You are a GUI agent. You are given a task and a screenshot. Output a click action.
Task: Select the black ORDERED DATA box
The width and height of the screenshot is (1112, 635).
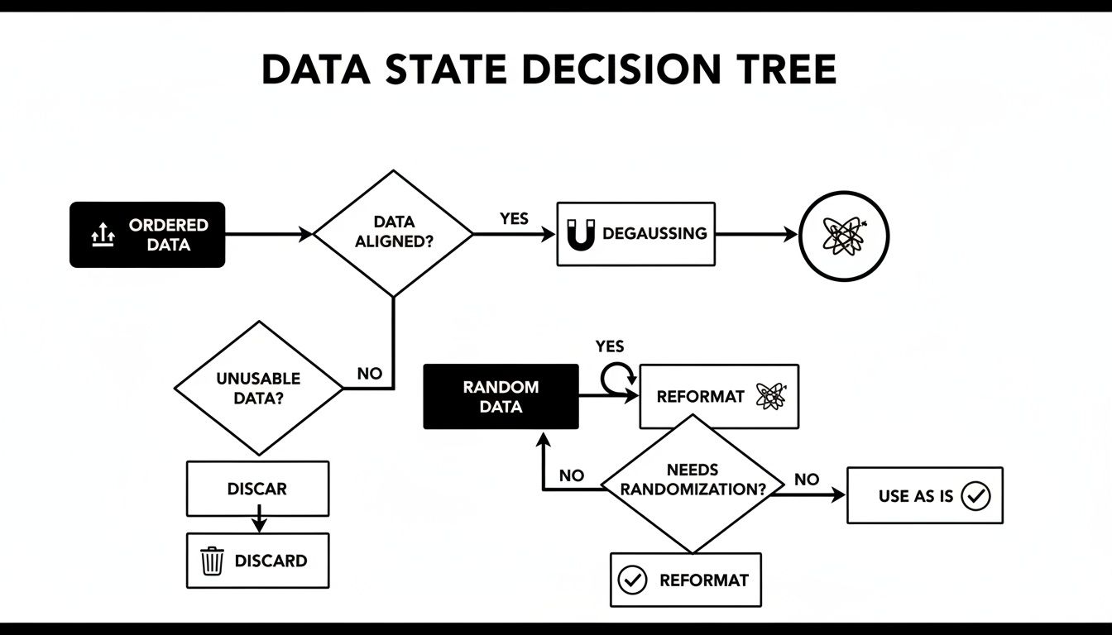click(147, 235)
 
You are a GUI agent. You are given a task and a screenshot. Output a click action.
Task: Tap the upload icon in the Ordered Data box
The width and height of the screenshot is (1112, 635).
click(102, 236)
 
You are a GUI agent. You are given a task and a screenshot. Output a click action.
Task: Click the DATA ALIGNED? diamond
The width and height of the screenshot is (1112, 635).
click(394, 233)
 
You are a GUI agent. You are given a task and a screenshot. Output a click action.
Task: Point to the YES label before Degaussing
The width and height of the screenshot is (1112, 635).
click(514, 218)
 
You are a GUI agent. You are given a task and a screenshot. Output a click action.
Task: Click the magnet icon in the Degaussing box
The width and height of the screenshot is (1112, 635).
click(581, 235)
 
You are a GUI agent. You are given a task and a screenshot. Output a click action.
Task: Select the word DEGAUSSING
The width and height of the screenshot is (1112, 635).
click(654, 234)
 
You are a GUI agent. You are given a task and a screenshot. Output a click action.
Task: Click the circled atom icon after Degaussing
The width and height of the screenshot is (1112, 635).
click(843, 235)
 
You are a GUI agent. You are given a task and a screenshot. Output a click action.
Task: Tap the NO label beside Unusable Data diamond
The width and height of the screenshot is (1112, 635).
click(370, 374)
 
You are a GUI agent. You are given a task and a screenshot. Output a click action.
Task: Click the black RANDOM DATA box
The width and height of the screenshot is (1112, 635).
click(501, 397)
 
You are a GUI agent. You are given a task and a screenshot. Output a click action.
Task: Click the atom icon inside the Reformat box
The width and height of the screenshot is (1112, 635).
click(770, 396)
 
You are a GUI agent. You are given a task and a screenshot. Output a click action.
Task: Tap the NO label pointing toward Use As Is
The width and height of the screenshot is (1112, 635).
click(807, 480)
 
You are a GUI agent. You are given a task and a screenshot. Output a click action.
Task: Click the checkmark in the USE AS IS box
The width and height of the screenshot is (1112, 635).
click(977, 496)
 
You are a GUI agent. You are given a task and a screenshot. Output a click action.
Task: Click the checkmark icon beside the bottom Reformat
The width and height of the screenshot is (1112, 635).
click(633, 580)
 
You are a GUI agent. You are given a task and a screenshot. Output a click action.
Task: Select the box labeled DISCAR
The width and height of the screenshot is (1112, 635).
click(257, 489)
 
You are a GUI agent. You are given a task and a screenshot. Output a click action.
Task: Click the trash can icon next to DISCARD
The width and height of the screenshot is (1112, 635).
click(213, 561)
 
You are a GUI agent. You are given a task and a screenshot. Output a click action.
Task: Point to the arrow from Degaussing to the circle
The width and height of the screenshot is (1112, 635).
click(756, 235)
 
